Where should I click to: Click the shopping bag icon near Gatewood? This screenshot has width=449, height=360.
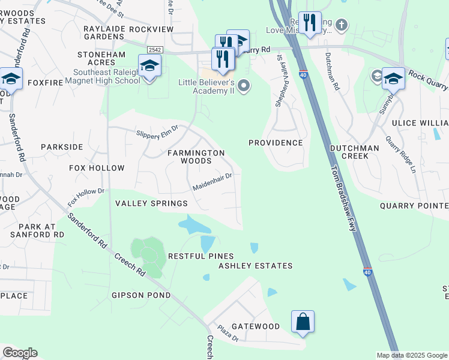pos(303,322)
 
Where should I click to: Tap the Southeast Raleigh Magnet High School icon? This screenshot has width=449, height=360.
pos(149,66)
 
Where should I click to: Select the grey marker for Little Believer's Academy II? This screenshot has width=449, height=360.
pos(243,86)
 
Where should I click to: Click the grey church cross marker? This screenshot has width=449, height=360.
pos(342,25)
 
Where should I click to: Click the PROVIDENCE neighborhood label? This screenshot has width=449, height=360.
pos(276,143)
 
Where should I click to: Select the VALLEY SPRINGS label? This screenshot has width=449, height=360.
pos(151,204)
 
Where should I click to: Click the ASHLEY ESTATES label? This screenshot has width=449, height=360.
pos(255,266)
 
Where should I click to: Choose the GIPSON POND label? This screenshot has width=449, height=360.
pos(141,295)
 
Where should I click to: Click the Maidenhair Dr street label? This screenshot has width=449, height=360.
pos(212,184)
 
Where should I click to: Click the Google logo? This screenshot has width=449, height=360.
pos(20,353)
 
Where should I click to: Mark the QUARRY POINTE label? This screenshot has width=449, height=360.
pos(414,206)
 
